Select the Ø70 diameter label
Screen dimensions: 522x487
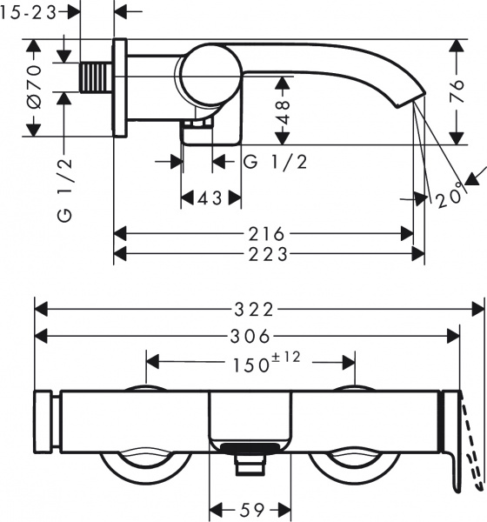pos(33,86)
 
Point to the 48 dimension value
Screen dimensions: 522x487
pos(283,111)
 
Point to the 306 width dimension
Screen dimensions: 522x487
pos(247,337)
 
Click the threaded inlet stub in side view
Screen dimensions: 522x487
pos(95,77)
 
